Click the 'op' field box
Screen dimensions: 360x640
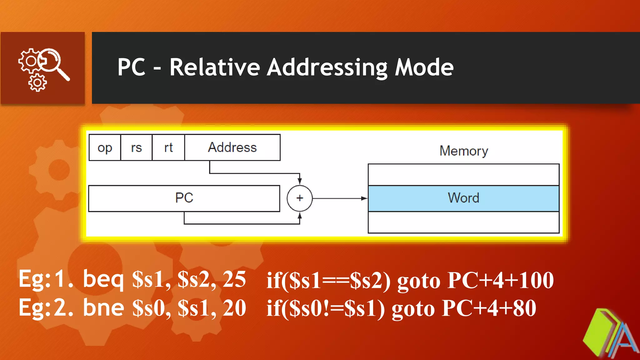point(105,147)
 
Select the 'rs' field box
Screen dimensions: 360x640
point(137,147)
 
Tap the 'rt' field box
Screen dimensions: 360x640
point(168,147)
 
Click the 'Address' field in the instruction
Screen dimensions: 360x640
point(232,147)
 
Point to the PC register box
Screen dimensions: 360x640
point(184,198)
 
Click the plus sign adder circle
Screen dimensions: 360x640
point(299,198)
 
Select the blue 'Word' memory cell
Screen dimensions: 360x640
point(463,198)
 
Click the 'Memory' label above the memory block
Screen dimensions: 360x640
point(463,151)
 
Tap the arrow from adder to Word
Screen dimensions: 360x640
point(339,198)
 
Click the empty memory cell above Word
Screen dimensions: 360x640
point(463,174)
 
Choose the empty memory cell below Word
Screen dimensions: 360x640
point(463,222)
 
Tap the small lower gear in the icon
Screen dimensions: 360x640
point(37,83)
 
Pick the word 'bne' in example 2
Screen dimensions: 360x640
point(103,308)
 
